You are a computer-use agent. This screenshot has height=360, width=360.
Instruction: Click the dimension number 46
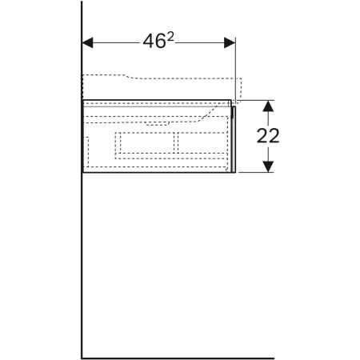154,42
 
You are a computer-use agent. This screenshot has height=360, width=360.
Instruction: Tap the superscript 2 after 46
170,38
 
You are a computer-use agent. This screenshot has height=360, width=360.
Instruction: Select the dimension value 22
268,136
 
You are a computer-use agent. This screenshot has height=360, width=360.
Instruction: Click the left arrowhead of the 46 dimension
87,42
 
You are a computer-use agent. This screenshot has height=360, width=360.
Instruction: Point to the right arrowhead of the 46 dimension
230,42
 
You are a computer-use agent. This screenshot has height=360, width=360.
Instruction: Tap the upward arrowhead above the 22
268,106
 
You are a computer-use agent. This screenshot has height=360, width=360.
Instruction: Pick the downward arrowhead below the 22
268,166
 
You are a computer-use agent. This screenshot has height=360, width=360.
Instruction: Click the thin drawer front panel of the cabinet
234,139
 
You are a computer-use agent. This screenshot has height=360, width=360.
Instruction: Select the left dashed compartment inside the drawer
147,142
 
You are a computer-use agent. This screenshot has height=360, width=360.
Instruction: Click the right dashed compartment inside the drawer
202,142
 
